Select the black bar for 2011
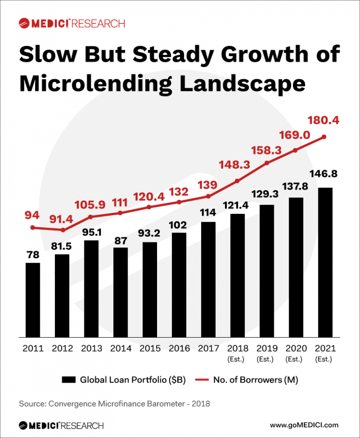33,300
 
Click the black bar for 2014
120,292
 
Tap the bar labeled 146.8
325,262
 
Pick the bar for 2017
208,279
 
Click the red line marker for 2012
62,230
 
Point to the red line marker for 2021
324,137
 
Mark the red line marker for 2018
237,181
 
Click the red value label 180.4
322,121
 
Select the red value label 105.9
91,205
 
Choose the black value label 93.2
150,231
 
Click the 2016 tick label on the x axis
179,348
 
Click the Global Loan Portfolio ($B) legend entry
124,380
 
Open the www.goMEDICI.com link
304,425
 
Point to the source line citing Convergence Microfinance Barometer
114,403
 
